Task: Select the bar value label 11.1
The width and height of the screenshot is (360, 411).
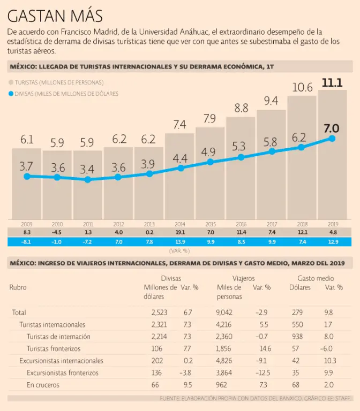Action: click(332, 82)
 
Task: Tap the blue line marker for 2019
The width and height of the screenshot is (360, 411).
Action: click(332, 139)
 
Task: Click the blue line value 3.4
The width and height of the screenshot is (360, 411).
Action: click(87, 170)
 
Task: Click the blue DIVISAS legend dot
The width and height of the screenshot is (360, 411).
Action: click(11, 94)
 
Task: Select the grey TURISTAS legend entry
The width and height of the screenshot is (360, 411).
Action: click(59, 82)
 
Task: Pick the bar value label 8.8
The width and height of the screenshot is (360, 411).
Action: click(241, 108)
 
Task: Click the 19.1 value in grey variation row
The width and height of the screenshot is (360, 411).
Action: click(180, 232)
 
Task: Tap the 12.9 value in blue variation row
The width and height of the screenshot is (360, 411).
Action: click(332, 242)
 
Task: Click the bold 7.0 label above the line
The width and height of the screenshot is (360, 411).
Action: click(332, 128)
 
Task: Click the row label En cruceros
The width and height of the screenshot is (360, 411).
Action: click(42, 385)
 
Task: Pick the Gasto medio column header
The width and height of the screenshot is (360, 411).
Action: click(315, 278)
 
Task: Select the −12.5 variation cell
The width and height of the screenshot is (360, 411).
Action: click(261, 372)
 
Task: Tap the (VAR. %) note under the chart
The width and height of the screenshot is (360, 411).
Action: click(179, 250)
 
